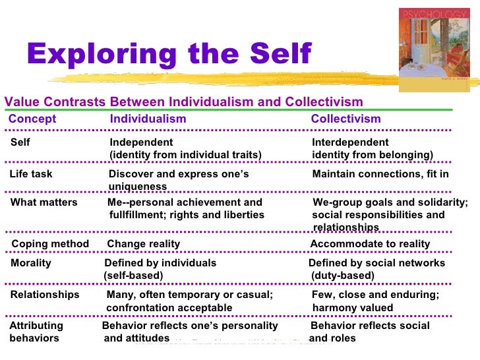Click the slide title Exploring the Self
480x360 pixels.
click(168, 55)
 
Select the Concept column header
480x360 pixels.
click(32, 119)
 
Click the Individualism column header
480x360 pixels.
click(148, 119)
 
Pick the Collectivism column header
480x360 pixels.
click(345, 119)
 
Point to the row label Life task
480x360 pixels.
click(31, 175)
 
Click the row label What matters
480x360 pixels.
click(44, 203)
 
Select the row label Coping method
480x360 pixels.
click(50, 245)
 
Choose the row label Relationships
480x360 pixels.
click(44, 295)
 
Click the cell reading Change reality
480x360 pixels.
click(143, 245)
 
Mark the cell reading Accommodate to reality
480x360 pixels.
click(370, 245)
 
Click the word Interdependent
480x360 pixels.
click(350, 143)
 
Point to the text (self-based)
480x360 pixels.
click(134, 276)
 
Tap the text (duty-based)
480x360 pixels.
click(342, 276)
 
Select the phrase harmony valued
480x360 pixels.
click(353, 308)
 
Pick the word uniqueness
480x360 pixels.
click(138, 187)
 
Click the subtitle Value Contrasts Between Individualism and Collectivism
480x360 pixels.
click(184, 102)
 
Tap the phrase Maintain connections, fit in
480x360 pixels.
click(380, 175)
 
